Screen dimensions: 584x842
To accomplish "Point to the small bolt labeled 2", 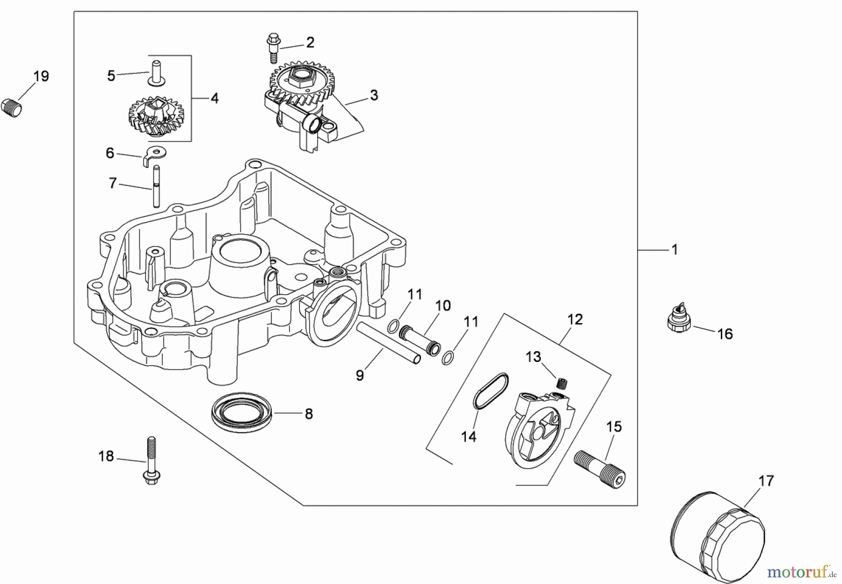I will tap(272, 48).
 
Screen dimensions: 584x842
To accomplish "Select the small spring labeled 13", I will tap(561, 383).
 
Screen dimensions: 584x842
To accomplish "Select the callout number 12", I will tap(575, 319).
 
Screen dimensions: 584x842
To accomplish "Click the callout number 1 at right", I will tap(674, 250).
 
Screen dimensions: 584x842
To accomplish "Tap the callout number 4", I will tap(214, 98).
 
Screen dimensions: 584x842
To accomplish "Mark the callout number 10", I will tap(443, 306).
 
